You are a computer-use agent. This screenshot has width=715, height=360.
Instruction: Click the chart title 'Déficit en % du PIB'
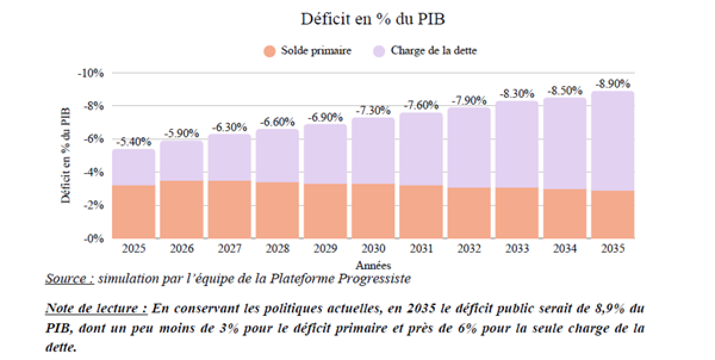tap(373, 19)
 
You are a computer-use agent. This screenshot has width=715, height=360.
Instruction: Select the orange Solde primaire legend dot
tap(270, 51)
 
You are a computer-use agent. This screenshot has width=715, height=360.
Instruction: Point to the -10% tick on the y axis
tap(91, 73)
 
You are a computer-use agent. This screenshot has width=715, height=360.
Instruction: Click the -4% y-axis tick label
tap(93, 173)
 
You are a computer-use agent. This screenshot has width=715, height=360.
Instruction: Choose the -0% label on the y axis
tap(93, 239)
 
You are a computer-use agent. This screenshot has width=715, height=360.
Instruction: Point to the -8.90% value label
tap(613, 83)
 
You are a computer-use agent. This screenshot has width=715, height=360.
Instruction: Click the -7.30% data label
tap(373, 111)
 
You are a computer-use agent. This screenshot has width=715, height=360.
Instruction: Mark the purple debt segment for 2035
tap(613, 141)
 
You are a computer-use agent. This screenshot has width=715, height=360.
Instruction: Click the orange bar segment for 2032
tap(469, 213)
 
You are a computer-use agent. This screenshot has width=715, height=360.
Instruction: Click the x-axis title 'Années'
tap(373, 265)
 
